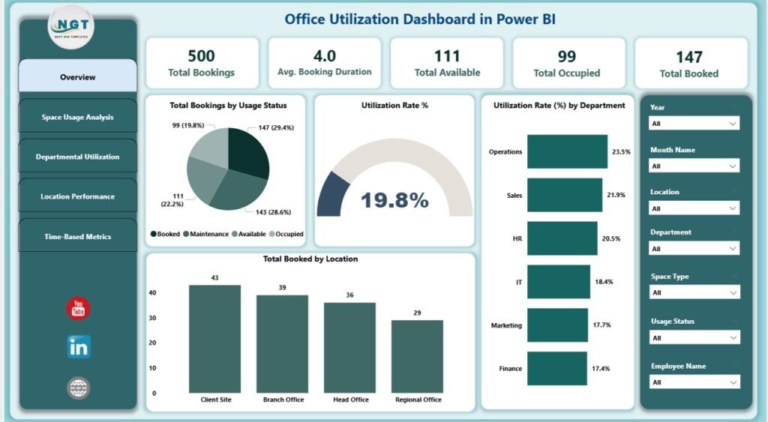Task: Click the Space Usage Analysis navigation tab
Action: click(x=77, y=117)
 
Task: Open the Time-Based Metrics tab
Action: click(x=77, y=236)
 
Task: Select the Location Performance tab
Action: click(x=77, y=196)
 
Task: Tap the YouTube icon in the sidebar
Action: click(x=78, y=308)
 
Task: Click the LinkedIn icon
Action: click(x=78, y=346)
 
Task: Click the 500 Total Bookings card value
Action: click(x=202, y=56)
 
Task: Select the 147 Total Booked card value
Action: click(x=688, y=57)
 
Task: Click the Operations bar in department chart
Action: click(x=567, y=151)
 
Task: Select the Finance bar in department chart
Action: click(x=557, y=368)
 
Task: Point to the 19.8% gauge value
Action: click(x=394, y=200)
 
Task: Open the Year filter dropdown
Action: click(x=694, y=123)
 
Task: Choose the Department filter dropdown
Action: click(x=694, y=248)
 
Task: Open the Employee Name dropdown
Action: click(x=694, y=382)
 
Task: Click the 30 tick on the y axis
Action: click(x=154, y=318)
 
